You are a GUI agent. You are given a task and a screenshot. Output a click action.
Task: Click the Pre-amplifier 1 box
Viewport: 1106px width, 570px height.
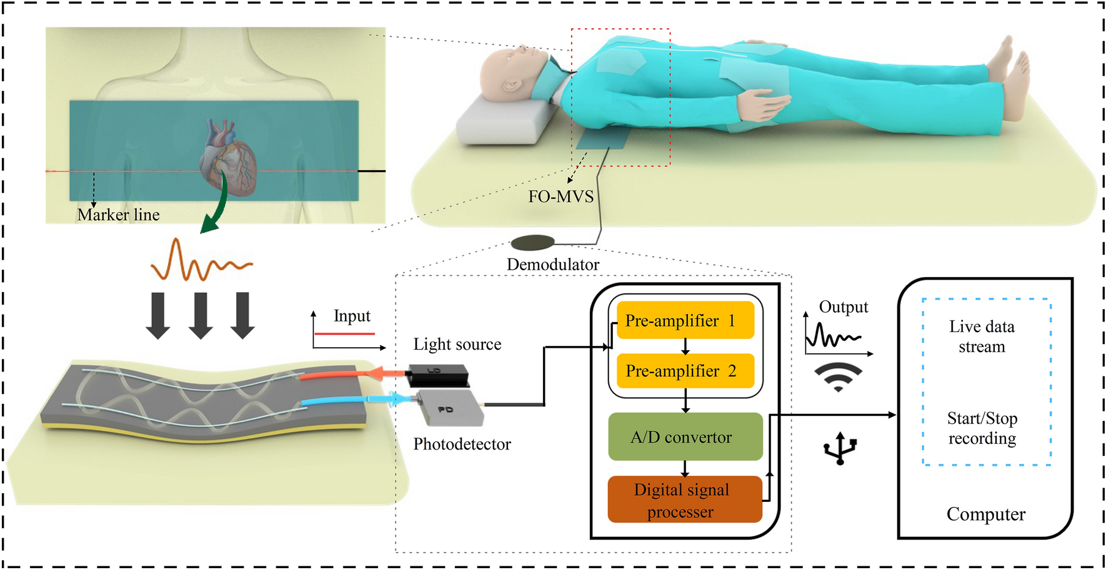click(x=685, y=320)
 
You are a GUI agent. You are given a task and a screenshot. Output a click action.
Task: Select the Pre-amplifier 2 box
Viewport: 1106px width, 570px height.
click(x=685, y=371)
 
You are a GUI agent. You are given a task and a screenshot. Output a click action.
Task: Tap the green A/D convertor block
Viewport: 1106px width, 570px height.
click(x=685, y=437)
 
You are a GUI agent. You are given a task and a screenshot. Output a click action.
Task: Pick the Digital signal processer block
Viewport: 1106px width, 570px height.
click(x=684, y=500)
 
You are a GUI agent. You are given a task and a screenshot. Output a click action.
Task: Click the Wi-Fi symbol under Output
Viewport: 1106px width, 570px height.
click(x=838, y=376)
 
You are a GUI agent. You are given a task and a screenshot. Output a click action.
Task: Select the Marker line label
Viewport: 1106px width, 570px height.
click(x=118, y=215)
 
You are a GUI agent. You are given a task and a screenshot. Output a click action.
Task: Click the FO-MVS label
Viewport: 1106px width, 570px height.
click(x=560, y=197)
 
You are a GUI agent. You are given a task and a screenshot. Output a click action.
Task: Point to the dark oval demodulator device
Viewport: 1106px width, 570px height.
click(x=532, y=242)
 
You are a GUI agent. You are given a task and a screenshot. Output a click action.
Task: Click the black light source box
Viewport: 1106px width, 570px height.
click(x=437, y=375)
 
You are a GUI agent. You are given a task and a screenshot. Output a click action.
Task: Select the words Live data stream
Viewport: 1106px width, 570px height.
click(x=982, y=337)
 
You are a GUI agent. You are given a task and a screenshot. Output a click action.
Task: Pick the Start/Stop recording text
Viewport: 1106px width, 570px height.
click(x=982, y=428)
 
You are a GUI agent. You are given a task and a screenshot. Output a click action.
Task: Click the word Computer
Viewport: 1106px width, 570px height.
click(x=985, y=514)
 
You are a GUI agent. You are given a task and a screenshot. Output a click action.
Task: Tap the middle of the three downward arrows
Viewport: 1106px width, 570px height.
click(x=201, y=316)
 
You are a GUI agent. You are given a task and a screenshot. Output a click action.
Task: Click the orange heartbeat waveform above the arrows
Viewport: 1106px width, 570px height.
click(x=201, y=262)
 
